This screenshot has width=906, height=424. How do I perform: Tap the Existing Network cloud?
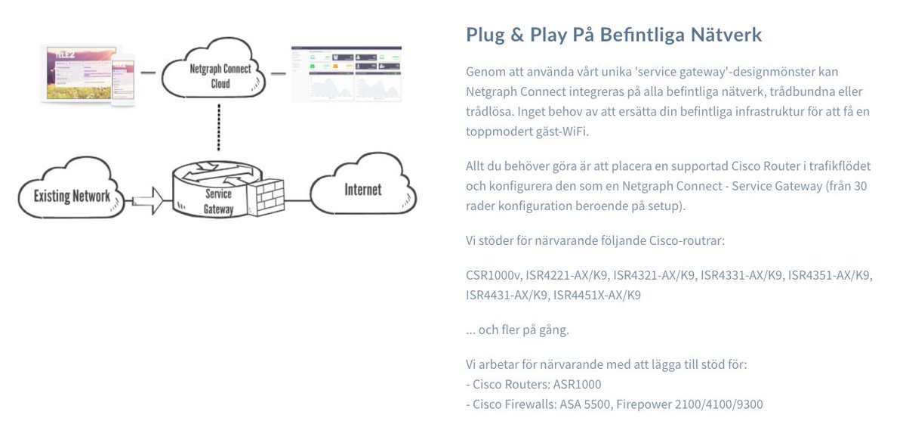pos(72,195)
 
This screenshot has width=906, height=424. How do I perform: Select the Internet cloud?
pos(362,189)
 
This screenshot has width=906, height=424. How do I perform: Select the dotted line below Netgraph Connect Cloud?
pos(218,127)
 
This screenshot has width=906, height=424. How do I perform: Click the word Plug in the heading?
pos(485,35)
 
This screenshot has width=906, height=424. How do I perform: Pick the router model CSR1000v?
pos(491,276)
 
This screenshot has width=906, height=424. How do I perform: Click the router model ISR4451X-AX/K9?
pos(596,295)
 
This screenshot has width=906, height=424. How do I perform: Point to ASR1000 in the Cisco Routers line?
pos(577,385)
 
